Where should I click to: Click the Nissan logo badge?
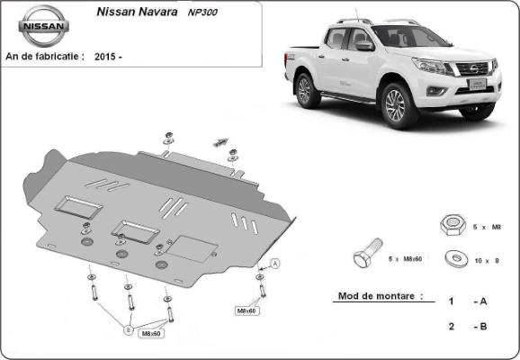pos(43,26)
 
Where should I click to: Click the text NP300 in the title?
pos(202,13)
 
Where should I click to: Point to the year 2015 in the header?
pos(104,57)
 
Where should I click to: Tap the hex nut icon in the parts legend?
pos(453,225)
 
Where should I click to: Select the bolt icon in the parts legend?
pos(368,253)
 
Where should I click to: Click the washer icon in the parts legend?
pos(456,258)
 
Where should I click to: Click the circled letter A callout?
pos(275,264)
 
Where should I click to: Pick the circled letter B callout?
pos(129,329)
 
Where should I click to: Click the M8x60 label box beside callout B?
pos(151,334)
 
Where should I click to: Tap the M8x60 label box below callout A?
pos(247,310)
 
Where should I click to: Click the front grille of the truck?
pos(473,68)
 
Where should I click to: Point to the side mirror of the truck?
pos(364,46)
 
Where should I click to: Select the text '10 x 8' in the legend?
pos(487,261)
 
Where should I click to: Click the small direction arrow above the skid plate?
pos(220,142)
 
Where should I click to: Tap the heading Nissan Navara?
pos(137,12)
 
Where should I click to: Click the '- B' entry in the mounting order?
pos(480,327)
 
